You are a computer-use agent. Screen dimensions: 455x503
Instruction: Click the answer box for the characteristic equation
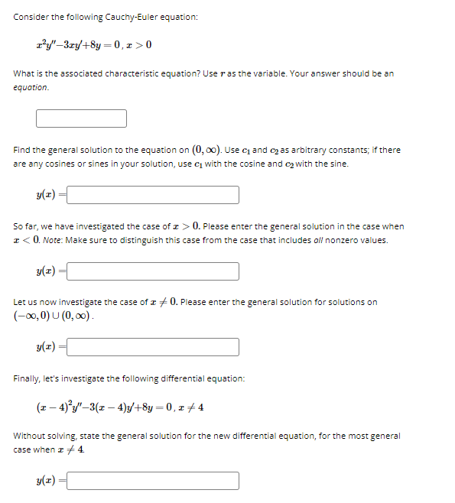click(x=81, y=118)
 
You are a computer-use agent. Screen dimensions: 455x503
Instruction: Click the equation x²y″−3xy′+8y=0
click(x=84, y=44)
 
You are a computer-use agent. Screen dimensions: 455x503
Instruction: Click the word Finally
click(x=28, y=378)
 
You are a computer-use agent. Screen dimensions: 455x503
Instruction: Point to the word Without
click(x=29, y=436)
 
